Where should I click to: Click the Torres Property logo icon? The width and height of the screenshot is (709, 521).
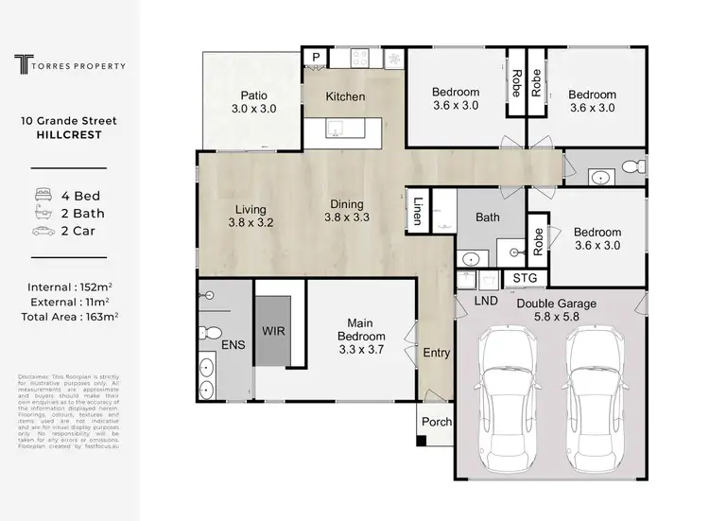pyautogui.click(x=23, y=64)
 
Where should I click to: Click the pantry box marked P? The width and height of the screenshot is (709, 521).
pyautogui.click(x=314, y=58)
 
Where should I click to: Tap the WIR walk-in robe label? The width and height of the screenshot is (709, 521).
pyautogui.click(x=275, y=331)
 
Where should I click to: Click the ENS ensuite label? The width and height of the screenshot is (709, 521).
pyautogui.click(x=233, y=345)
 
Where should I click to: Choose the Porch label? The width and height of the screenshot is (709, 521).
pyautogui.click(x=436, y=422)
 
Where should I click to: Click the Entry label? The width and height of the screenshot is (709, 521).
pyautogui.click(x=436, y=353)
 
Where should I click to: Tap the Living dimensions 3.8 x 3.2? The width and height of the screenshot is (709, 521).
pyautogui.click(x=252, y=224)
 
